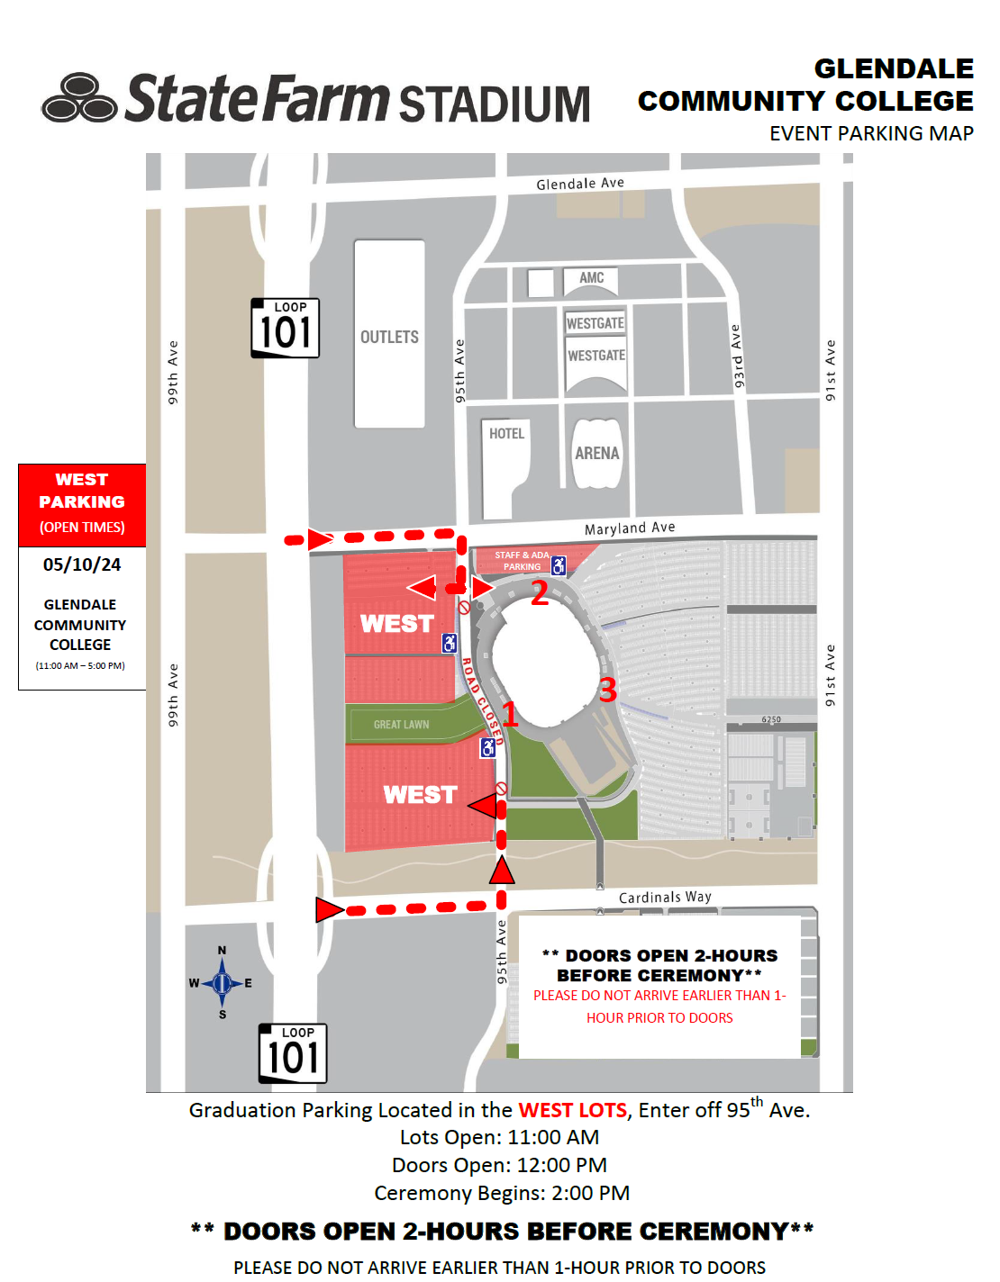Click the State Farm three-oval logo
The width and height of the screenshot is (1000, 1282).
pos(79,98)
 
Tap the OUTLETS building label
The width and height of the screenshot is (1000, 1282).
pos(389,337)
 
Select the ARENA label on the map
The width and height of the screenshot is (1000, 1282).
pos(597,453)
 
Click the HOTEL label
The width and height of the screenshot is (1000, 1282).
pos(506,434)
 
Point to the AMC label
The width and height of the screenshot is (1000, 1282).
pos(592,278)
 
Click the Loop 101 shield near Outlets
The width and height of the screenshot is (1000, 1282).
pos(285,328)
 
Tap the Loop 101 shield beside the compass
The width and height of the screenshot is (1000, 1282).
pos(292,1053)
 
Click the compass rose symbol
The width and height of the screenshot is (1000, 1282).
pos(222,983)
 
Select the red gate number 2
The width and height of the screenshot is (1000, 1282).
pos(539,593)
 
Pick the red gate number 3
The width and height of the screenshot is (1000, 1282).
pos(607,690)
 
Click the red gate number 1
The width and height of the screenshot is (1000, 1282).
pos(509,714)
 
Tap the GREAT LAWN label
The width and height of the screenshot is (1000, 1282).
pos(401,725)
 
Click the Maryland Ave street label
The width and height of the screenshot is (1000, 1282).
pos(630,528)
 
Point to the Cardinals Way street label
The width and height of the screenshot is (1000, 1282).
pos(665,897)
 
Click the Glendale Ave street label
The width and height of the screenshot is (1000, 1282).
pos(580,184)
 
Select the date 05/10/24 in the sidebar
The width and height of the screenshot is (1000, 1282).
pos(82,564)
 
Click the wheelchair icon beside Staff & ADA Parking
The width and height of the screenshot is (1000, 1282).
pos(559,565)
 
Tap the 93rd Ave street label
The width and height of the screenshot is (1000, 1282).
pos(737,357)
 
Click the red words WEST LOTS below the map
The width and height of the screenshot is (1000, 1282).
pos(572,1110)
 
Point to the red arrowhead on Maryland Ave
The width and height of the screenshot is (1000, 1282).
pos(319,539)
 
